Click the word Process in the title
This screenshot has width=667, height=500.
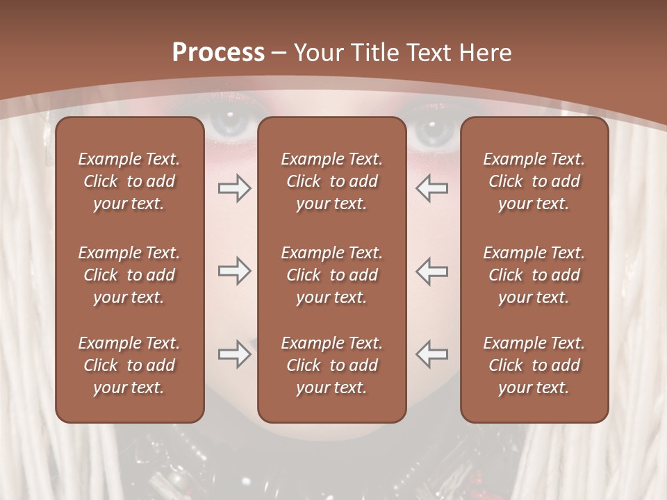click(x=218, y=53)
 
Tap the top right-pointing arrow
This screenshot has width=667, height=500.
click(x=234, y=188)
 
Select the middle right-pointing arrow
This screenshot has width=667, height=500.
click(x=234, y=271)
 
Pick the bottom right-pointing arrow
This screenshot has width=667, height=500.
click(x=234, y=354)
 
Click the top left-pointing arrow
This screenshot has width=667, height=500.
click(x=432, y=188)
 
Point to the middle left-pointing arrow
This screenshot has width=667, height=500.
click(x=432, y=271)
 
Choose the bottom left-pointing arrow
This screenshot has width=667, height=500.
click(x=432, y=354)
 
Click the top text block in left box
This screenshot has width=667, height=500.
click(x=129, y=181)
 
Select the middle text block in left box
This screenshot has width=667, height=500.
click(x=129, y=275)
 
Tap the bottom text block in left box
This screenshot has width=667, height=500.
click(x=129, y=365)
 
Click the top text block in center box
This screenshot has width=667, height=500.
click(x=331, y=181)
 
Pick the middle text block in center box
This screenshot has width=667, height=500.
click(x=331, y=275)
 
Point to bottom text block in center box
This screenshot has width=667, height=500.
click(x=331, y=365)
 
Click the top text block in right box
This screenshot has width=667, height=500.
click(x=534, y=181)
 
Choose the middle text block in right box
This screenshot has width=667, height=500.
click(x=534, y=275)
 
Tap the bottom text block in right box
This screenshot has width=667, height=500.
click(x=534, y=365)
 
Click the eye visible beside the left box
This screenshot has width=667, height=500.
click(x=231, y=125)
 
